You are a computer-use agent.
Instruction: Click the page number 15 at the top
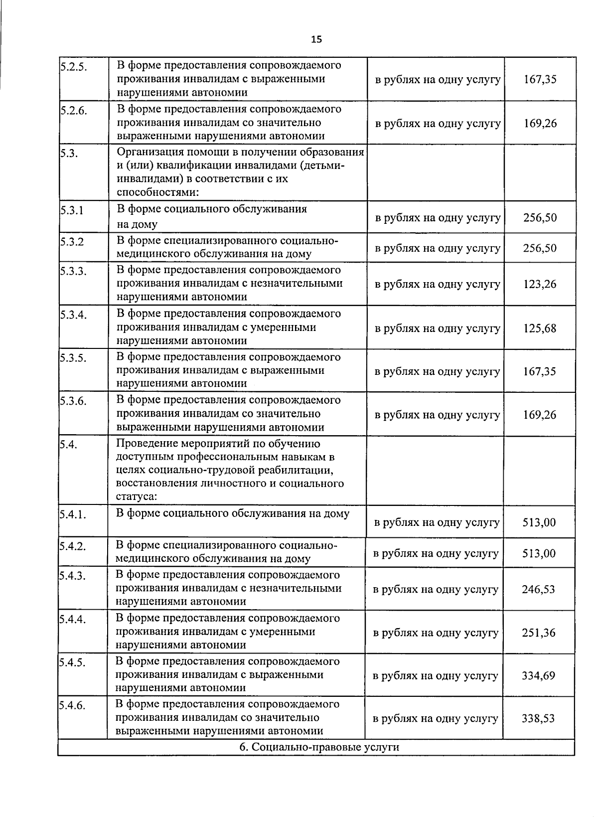click(316, 39)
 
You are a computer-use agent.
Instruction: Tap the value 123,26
click(540, 285)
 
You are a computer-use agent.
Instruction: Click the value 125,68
click(540, 328)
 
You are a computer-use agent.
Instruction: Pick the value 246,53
click(538, 590)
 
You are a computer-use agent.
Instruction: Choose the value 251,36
click(538, 633)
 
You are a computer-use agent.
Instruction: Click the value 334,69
click(538, 676)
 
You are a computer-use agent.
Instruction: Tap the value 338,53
click(538, 719)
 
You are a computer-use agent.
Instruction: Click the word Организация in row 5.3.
click(145, 152)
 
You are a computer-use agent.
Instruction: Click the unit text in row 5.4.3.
click(436, 590)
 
